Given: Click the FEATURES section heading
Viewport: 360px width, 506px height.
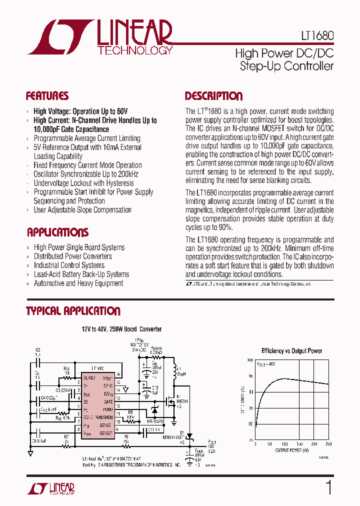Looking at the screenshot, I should coord(47,96).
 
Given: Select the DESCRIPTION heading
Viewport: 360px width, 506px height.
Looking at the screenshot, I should coord(213,96).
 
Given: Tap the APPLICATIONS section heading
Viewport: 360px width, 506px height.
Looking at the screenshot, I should coord(57,232).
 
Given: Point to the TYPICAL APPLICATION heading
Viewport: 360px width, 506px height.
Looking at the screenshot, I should coord(73,311).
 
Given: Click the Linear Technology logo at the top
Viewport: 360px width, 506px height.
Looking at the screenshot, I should coord(100,37).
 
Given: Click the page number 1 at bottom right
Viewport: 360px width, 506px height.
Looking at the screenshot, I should coord(328,487).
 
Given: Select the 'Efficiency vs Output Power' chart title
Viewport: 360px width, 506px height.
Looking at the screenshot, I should coord(292,351).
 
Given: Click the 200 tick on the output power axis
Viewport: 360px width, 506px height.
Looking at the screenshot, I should coord(314,444).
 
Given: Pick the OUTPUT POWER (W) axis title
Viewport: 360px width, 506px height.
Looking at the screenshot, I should coord(291,450).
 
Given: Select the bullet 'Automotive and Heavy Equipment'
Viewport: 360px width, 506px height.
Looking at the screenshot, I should coord(78,283).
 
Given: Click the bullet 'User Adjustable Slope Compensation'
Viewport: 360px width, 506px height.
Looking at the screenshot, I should coord(82,210).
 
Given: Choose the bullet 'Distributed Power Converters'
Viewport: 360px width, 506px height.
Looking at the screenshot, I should coord(73,256).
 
